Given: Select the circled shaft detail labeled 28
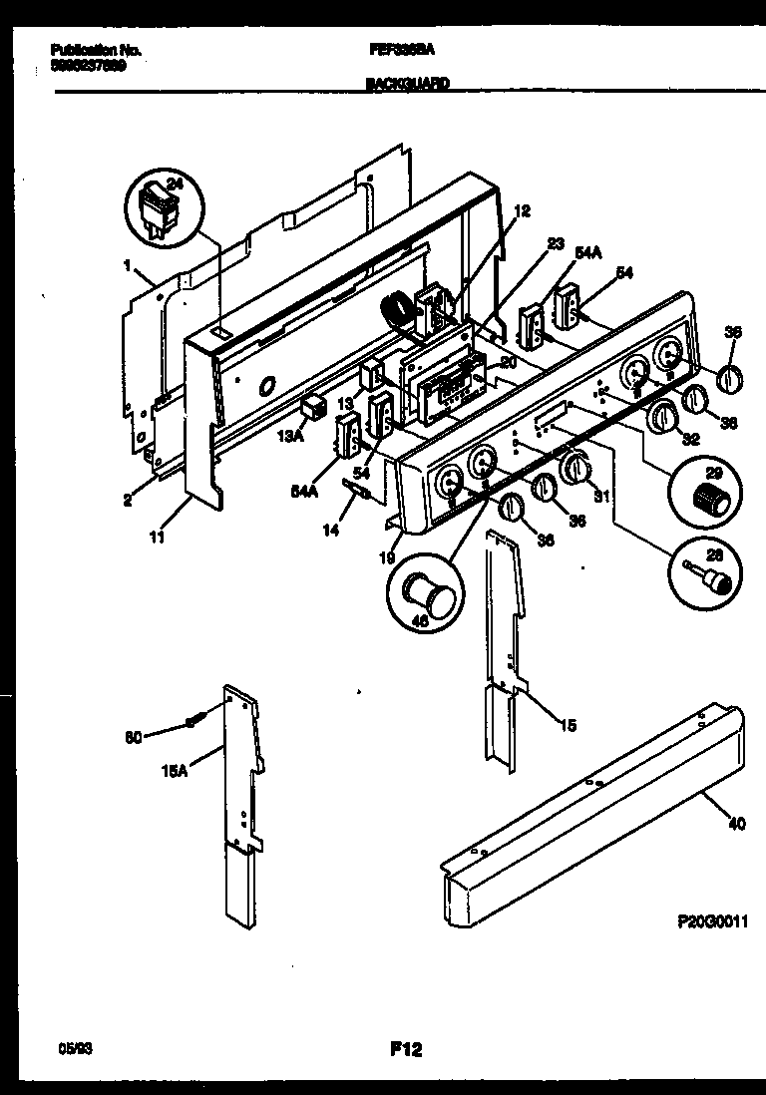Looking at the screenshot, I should (706, 575).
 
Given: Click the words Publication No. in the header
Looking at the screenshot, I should (95, 49).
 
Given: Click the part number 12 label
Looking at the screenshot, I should (523, 210).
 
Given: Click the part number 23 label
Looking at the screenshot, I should (556, 242).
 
